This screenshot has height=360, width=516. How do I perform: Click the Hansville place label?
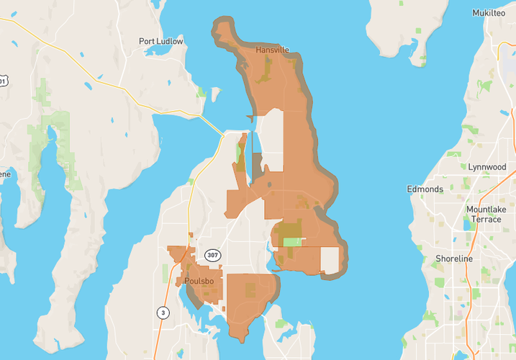272,50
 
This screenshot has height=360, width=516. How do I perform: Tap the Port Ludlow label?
161,42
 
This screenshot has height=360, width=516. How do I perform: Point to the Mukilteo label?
489,13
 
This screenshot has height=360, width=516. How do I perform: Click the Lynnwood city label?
486,166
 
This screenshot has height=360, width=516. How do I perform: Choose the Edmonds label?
425,189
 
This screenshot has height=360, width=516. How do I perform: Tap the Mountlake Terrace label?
486,214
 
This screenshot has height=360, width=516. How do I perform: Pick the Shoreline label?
454,258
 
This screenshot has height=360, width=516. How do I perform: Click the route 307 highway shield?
212,256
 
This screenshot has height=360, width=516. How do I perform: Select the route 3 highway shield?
163,312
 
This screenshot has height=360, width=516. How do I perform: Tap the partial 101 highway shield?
3,81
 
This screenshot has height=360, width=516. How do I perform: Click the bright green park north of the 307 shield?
291,241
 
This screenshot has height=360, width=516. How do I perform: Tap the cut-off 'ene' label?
4,174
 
